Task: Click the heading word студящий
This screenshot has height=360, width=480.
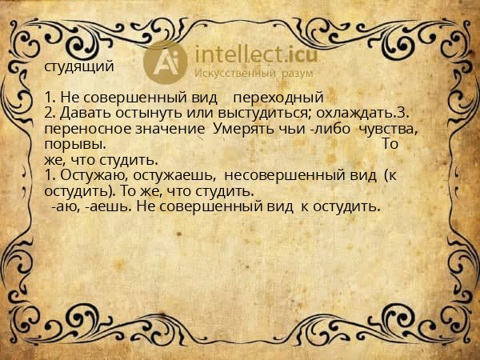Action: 79,66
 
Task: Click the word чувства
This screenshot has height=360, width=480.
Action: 390,130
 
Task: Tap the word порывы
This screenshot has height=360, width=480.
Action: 74,145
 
